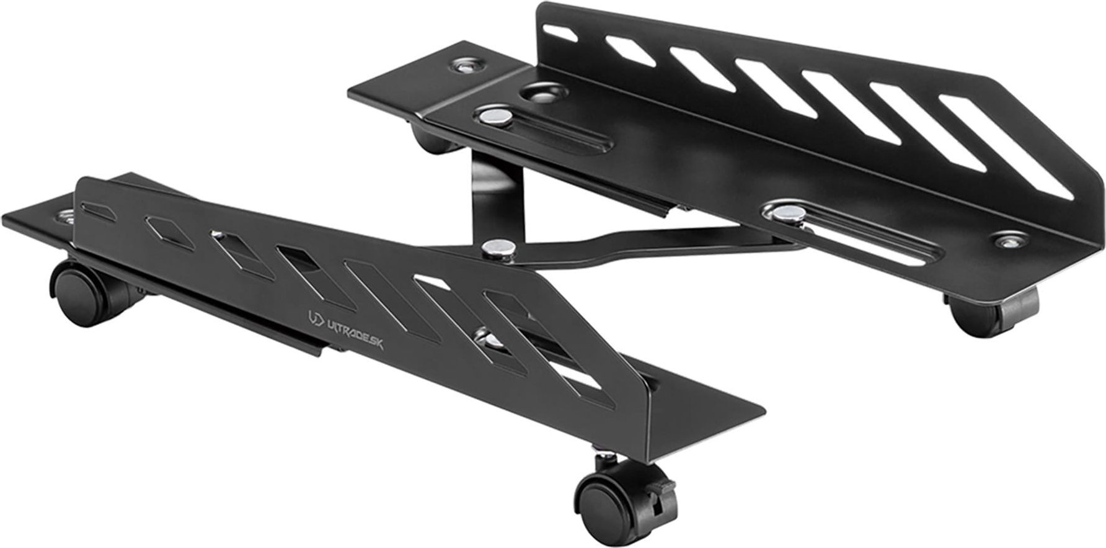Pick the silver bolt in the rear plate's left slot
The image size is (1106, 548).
coord(497,115)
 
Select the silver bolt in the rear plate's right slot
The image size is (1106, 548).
coord(783,213)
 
